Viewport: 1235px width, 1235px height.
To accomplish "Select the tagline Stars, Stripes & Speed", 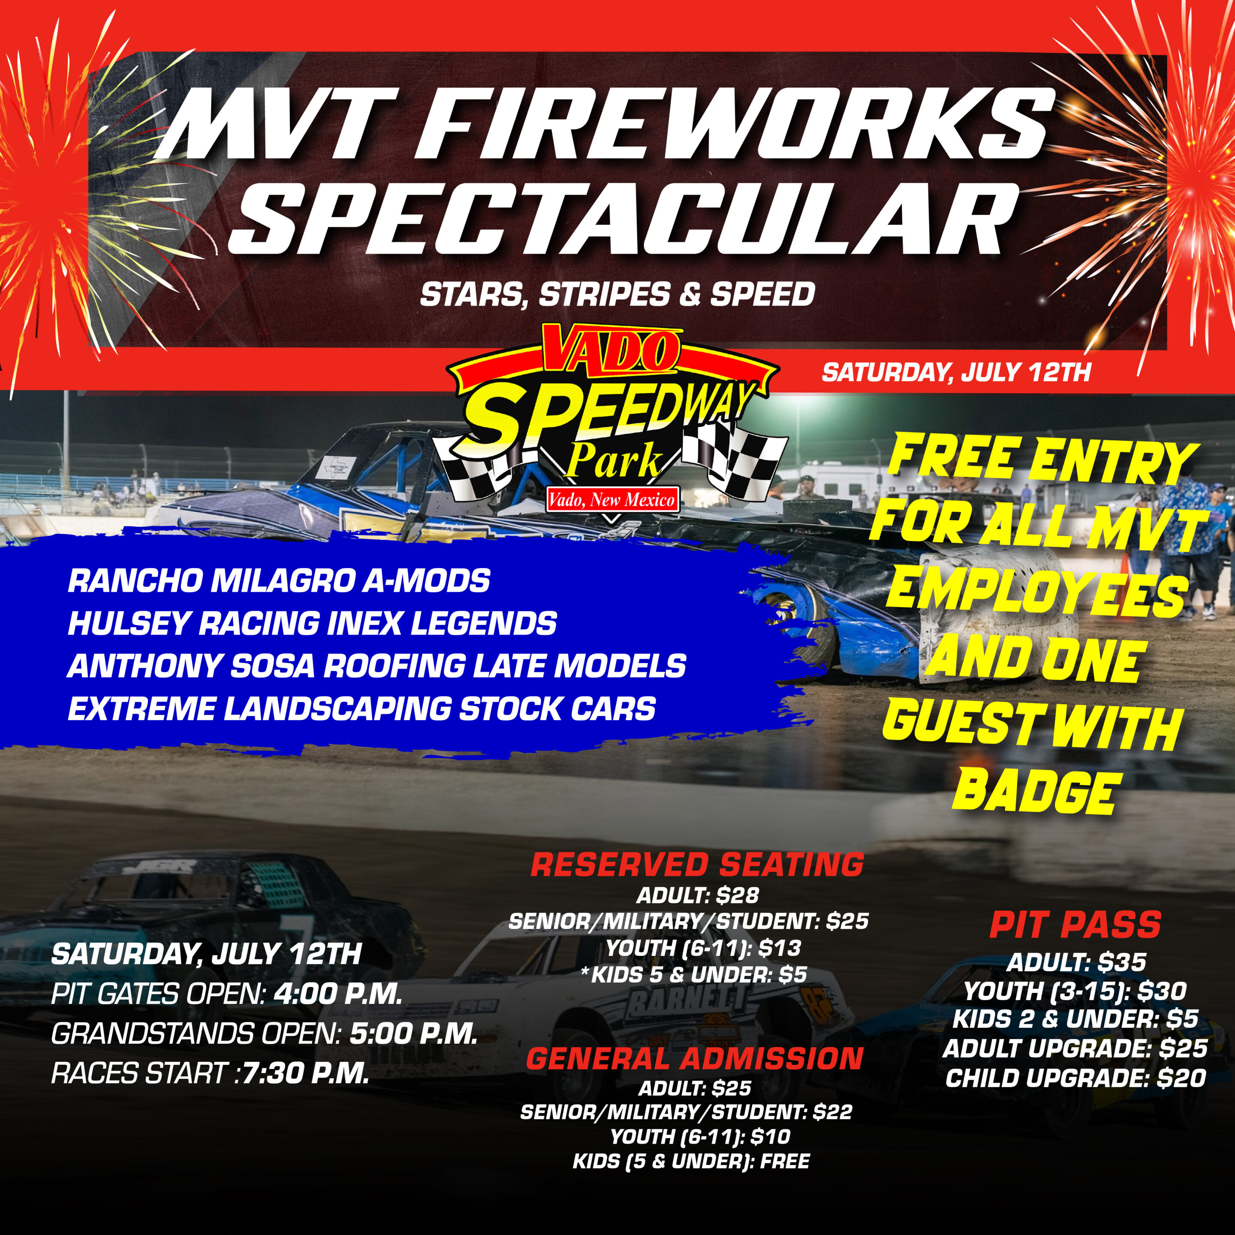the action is tap(617, 295).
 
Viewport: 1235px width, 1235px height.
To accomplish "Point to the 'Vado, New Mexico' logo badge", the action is tap(612, 499).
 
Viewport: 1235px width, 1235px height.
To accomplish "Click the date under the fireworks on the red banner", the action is tap(956, 372).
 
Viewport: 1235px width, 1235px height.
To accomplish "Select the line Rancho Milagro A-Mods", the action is tap(279, 581).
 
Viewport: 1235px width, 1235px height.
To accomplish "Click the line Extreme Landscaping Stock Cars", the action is tap(362, 709).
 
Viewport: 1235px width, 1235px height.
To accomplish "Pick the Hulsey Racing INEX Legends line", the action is tap(312, 623).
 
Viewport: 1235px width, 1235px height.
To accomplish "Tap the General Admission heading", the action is tap(695, 1059).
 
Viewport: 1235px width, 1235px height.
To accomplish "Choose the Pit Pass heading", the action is tap(1075, 925).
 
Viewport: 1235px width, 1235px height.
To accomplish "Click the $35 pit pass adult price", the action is tap(1122, 962).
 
